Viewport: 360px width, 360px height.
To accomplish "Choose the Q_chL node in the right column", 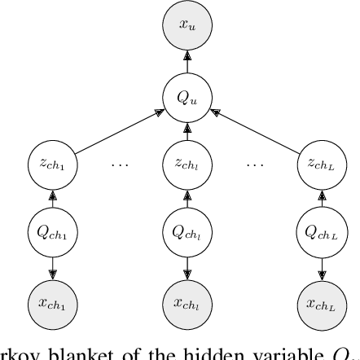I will (323, 233).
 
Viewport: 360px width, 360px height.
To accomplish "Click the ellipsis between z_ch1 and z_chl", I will (121, 164).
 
